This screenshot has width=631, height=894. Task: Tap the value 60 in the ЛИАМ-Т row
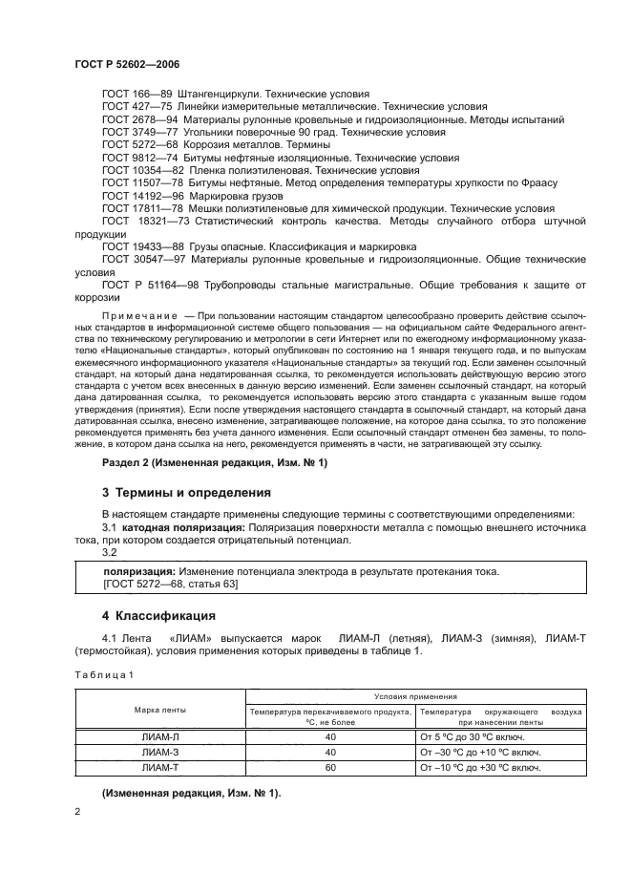tap(330, 767)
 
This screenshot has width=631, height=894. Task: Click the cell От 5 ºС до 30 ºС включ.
tap(476, 736)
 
